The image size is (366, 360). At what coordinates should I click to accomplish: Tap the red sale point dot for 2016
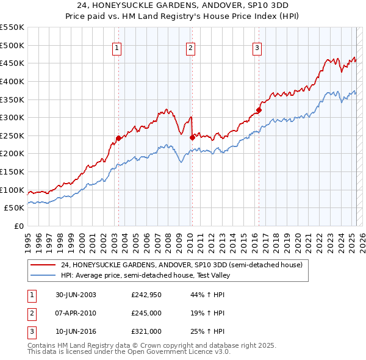[x=259, y=110]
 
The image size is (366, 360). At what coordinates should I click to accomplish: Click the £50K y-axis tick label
[x=15, y=208]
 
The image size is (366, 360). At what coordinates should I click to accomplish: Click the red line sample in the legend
[x=43, y=265]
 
